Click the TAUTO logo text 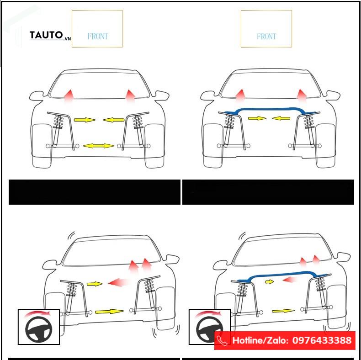point(46,35)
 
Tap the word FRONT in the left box point(98,36)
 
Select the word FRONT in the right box point(266,36)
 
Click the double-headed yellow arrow point(98,146)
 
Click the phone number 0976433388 point(322,340)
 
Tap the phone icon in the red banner point(222,341)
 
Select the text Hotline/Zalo point(260,340)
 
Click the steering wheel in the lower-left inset point(39,329)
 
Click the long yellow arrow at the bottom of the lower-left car point(109,312)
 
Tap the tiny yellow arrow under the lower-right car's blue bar point(269,281)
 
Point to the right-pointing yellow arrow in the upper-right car point(257,118)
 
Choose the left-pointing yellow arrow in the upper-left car point(113,120)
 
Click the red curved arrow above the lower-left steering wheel point(37,313)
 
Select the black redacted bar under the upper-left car point(95,192)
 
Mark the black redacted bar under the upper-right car point(268,192)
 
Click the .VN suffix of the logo point(67,39)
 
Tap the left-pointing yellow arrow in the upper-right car point(281,118)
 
